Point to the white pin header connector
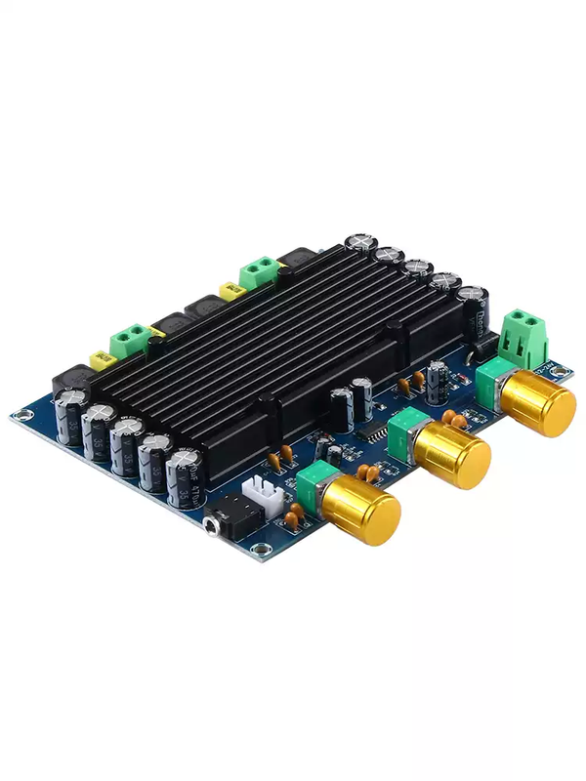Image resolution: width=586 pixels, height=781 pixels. pos(263,497)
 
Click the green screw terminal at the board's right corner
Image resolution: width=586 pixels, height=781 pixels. pos(523,337)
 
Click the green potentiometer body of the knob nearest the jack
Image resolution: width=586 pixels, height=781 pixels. pos(318,483)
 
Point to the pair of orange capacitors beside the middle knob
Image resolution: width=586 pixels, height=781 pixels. pos(455,419)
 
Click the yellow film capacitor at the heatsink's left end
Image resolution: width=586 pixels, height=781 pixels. pos(100,360)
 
